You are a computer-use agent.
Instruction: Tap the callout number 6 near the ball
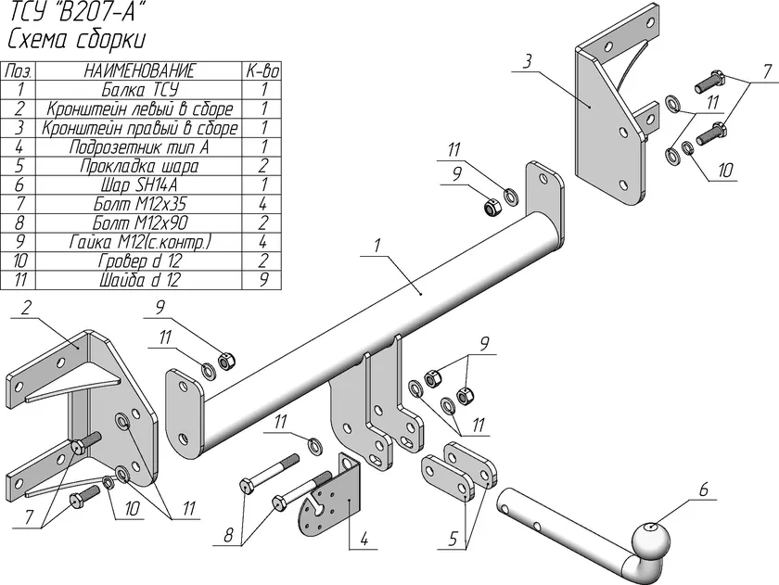point(704,490)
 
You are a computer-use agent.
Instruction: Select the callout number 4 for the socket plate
point(364,540)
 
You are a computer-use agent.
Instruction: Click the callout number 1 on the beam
point(377,246)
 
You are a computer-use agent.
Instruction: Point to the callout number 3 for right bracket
point(527,61)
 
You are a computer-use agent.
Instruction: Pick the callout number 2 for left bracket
point(26,308)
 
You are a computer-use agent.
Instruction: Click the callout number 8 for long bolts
point(228,535)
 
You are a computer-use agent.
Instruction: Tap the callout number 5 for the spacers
point(453,539)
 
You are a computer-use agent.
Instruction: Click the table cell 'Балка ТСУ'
point(140,90)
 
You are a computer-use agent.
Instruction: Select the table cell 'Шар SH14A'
point(139,184)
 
